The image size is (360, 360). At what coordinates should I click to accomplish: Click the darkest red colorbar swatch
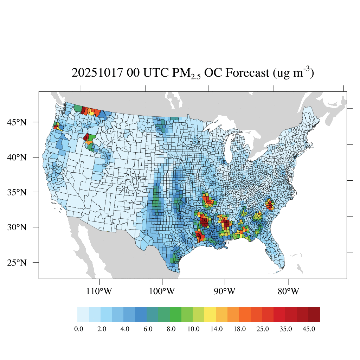point(314,314)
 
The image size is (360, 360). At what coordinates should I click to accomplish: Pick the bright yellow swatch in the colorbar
point(210,314)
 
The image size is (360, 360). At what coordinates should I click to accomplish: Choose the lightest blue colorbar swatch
point(83,314)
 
